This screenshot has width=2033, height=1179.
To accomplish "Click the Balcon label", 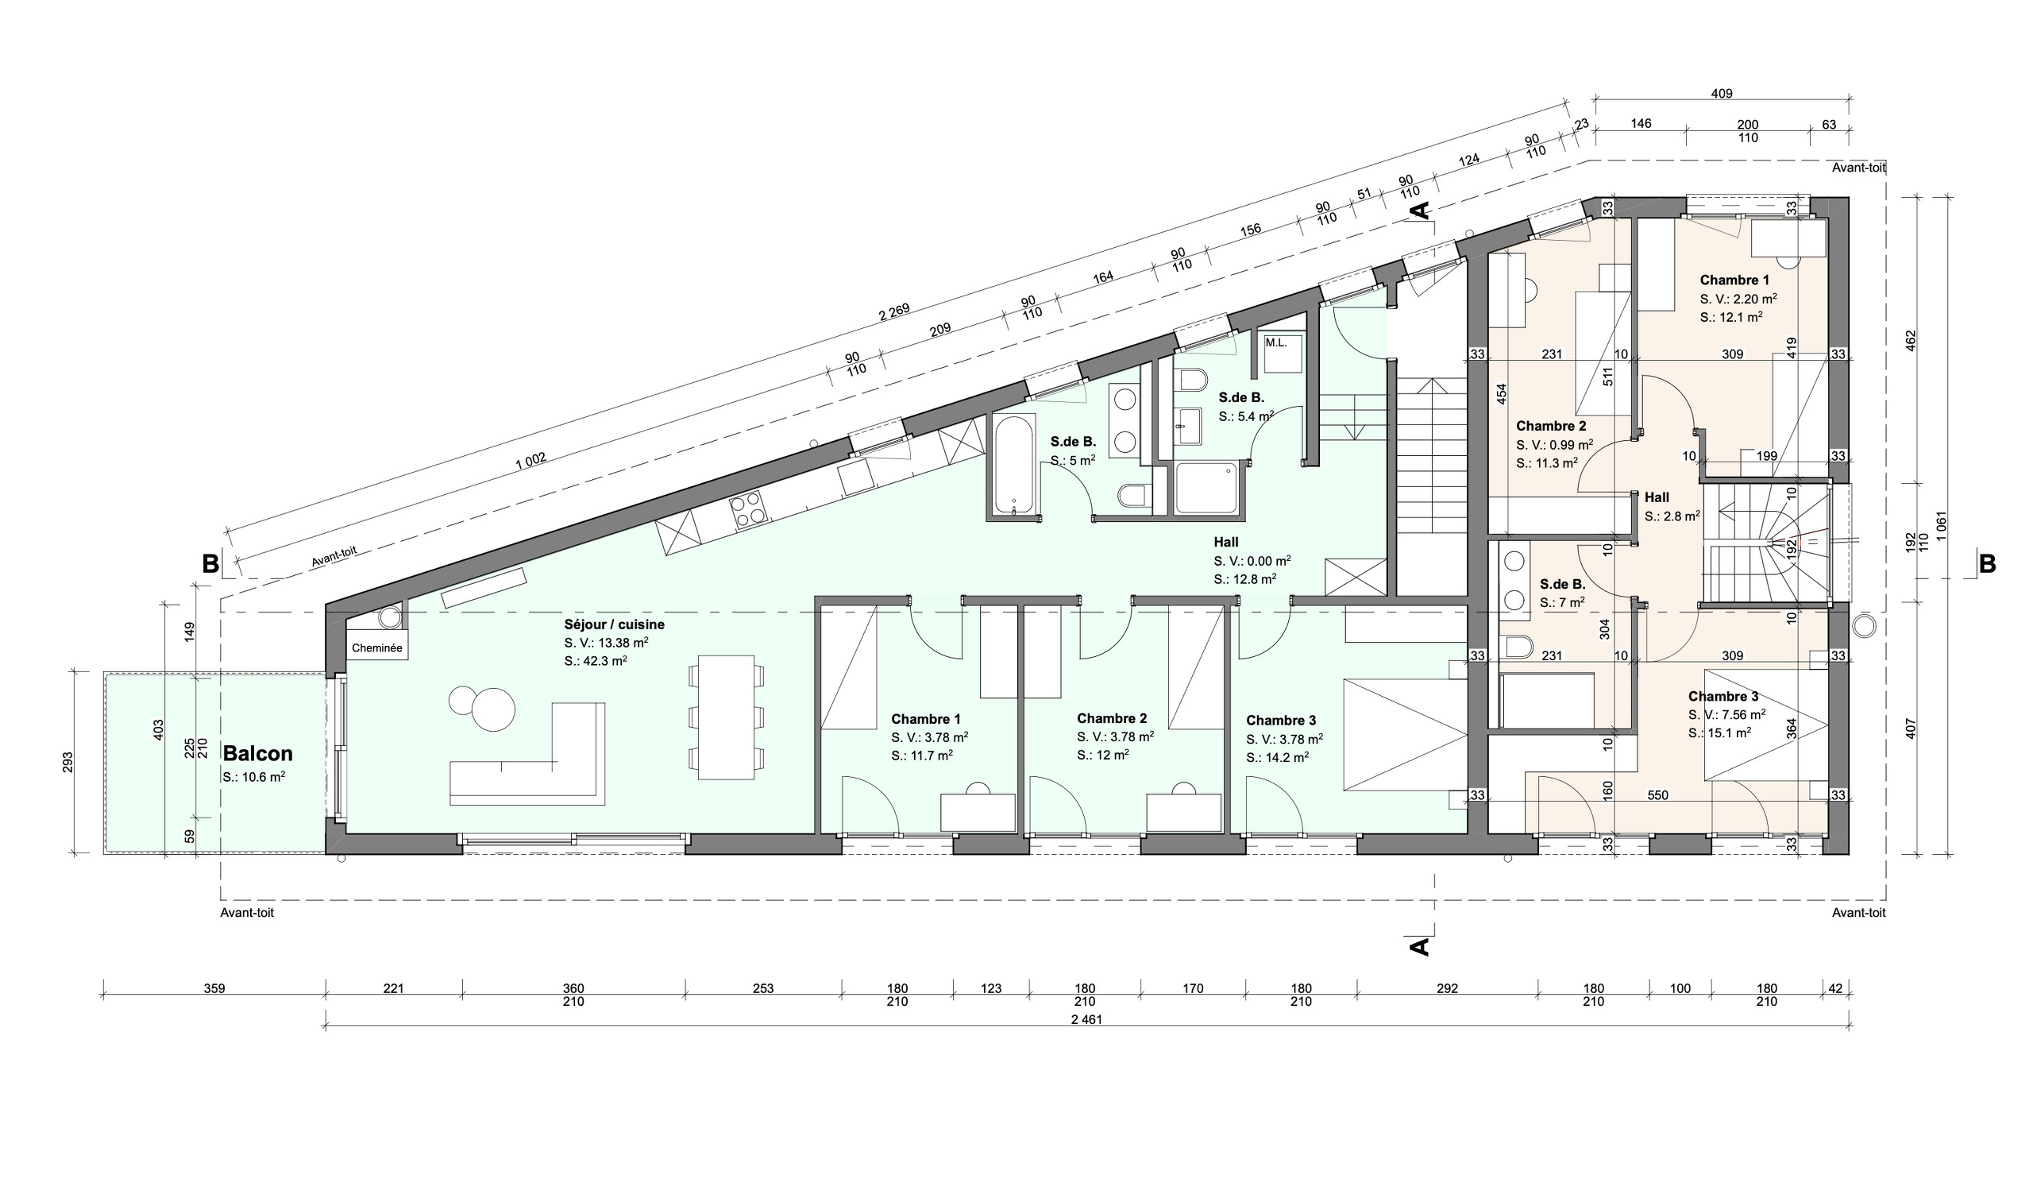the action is [257, 754].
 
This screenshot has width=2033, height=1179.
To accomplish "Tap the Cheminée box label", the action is [376, 648].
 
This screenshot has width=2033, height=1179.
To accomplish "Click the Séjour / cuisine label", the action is [614, 624].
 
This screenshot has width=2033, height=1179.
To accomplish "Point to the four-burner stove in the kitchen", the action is [746, 510].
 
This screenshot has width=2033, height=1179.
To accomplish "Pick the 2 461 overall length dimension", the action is [1086, 1019].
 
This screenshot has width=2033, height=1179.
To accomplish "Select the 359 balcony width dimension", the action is [214, 988].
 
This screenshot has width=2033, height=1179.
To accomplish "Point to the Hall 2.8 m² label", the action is [1672, 507].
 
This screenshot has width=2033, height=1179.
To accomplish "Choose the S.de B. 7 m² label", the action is [1563, 593].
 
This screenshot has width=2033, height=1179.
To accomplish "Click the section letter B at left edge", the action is [210, 564].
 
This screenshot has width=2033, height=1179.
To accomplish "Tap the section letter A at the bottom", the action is [1419, 945].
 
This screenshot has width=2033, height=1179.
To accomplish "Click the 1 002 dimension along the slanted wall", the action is [530, 461].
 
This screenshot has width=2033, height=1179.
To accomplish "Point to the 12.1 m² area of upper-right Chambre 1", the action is [1730, 317].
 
